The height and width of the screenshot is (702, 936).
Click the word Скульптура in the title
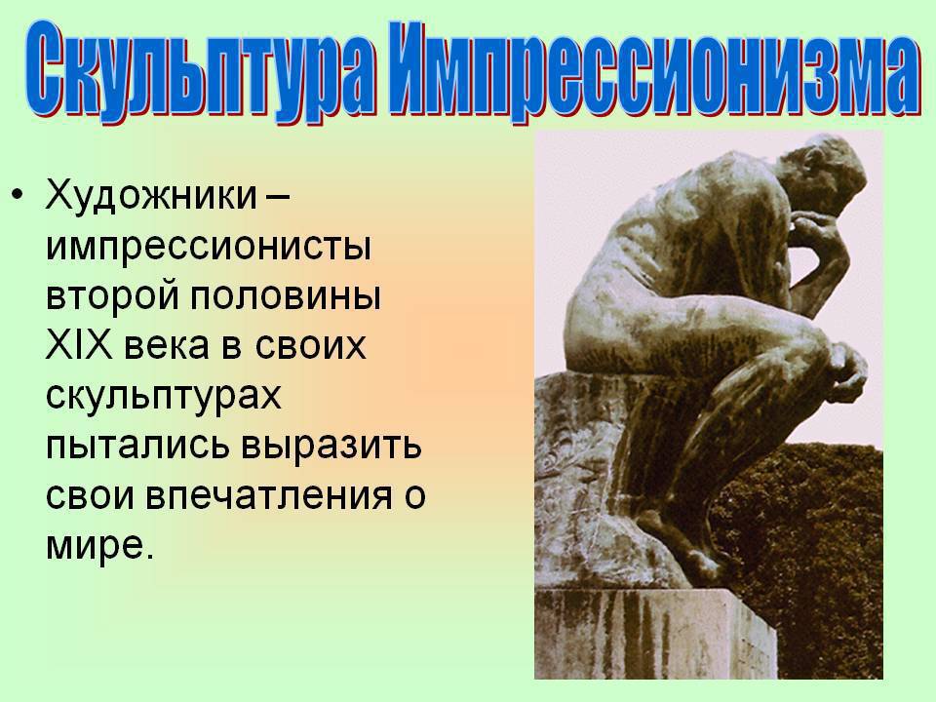201,71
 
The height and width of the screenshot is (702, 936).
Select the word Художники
151,195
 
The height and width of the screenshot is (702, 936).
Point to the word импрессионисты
209,246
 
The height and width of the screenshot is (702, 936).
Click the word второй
110,296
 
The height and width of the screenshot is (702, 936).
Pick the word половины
285,295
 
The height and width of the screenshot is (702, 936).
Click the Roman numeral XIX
78,345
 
